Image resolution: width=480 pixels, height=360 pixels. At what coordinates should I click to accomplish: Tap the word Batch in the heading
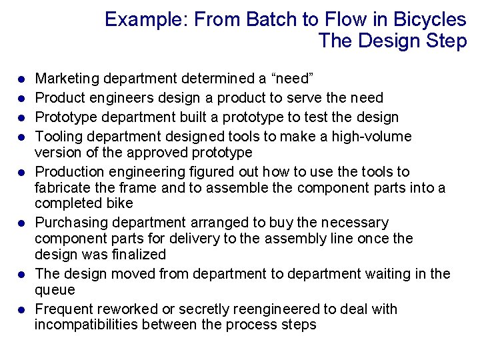269,19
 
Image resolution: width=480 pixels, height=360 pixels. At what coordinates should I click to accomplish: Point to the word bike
120,203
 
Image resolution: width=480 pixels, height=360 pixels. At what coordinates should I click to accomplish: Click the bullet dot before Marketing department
21,79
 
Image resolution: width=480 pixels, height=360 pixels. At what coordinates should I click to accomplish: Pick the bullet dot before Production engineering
21,172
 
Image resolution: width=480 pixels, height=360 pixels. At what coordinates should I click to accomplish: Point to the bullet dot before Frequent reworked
21,310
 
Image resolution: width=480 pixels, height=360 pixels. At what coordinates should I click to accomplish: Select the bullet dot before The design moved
21,274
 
